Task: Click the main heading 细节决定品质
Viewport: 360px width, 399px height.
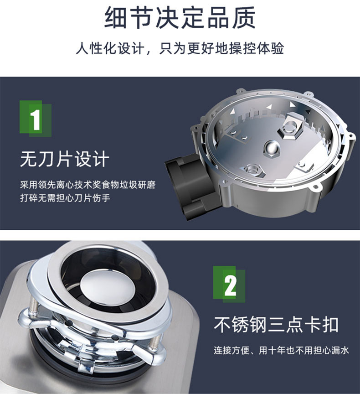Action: [180, 18]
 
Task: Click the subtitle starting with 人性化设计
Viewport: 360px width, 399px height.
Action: [180, 48]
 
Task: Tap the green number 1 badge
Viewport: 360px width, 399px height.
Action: [36, 119]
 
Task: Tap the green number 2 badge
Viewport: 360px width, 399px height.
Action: [229, 284]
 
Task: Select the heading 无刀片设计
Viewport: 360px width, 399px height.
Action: [65, 159]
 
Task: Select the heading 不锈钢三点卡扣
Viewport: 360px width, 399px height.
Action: [276, 324]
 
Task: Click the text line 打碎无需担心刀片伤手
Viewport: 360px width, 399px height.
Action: [65, 198]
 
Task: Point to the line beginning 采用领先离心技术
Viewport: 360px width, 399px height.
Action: [87, 185]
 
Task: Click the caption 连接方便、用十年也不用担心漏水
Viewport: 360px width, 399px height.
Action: [281, 350]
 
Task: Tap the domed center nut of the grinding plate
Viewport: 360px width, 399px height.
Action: [272, 148]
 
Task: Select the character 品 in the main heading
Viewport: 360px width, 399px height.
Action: [218, 18]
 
